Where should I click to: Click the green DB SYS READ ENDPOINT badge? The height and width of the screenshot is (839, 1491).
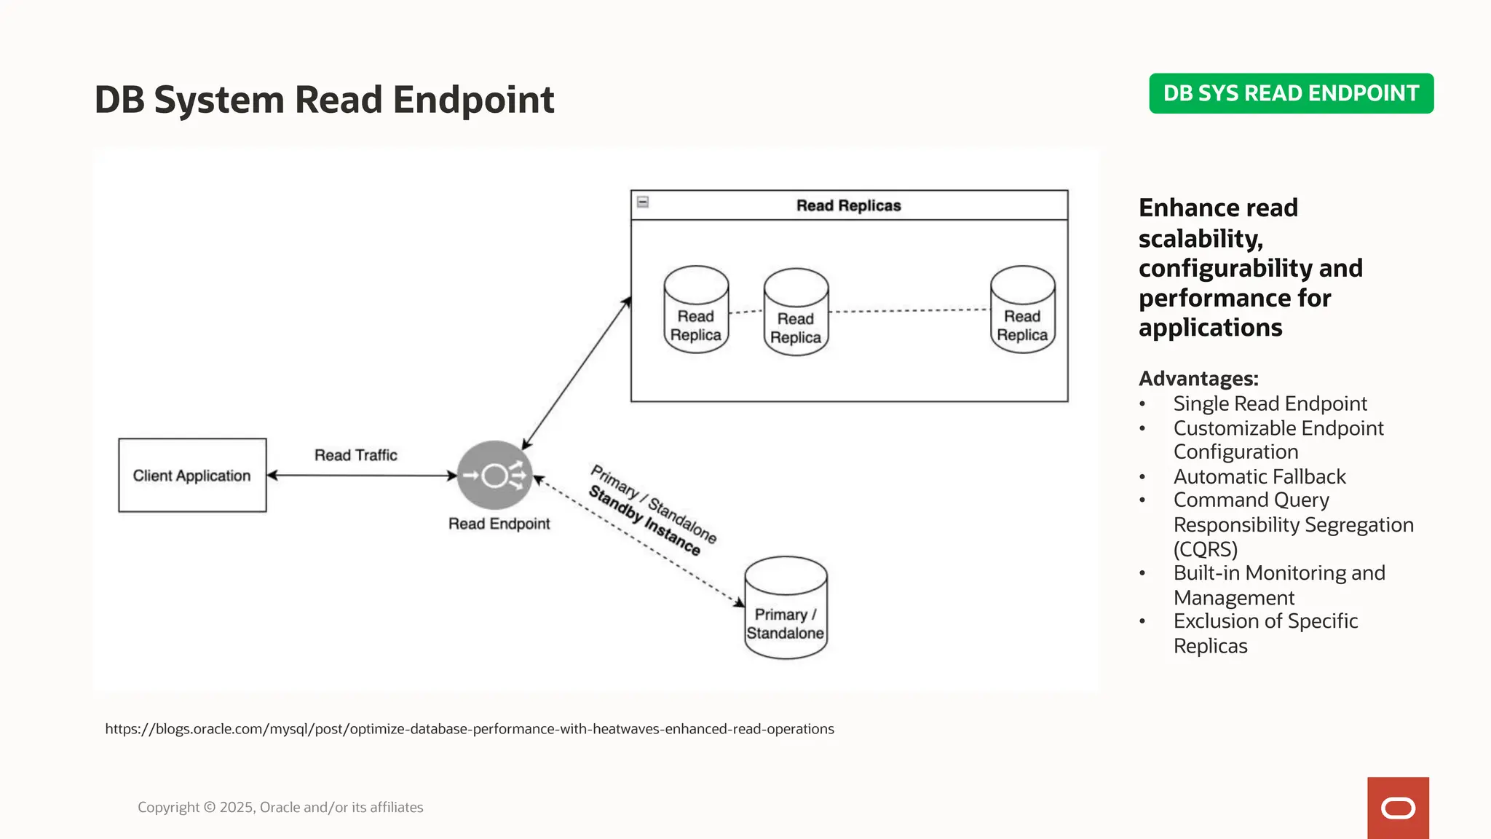1291,93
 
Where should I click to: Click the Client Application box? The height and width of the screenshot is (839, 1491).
192,476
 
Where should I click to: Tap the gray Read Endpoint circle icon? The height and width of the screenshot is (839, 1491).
494,476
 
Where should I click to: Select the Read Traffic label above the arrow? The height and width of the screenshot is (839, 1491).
355,455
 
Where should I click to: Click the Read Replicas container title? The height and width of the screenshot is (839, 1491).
848,206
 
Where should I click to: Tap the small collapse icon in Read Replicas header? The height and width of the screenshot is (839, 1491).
643,202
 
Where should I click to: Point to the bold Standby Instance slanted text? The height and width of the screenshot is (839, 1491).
644,520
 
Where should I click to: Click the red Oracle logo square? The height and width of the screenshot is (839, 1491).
1398,808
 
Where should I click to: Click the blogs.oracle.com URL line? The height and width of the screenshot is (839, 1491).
470,729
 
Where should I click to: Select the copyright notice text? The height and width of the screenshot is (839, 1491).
280,807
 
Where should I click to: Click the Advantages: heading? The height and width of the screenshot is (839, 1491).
1198,379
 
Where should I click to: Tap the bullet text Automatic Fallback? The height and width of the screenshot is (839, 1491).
1259,476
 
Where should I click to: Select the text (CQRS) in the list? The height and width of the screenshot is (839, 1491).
1206,549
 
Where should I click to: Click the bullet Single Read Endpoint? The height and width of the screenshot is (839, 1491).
1270,403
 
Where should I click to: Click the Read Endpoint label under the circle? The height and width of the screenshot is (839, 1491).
499,524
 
